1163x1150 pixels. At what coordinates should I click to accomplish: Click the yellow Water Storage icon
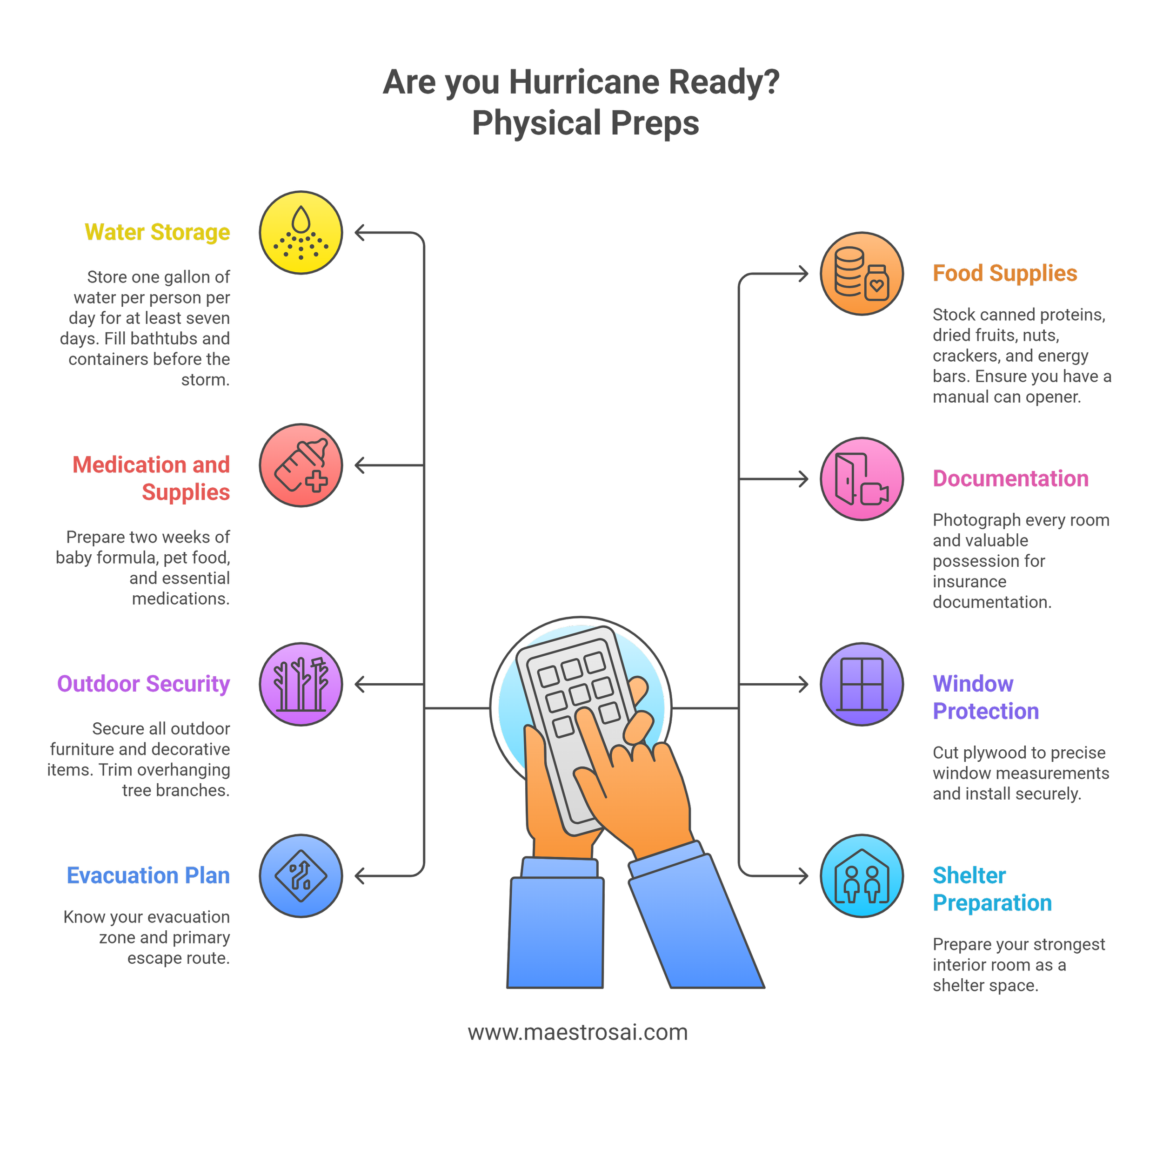coord(301,232)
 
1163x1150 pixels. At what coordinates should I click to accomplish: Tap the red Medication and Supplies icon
coord(301,465)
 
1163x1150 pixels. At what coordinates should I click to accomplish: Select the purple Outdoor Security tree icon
coord(301,685)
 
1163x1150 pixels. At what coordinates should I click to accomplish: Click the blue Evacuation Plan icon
coord(301,875)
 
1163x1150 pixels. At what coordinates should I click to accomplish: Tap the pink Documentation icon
coord(862,479)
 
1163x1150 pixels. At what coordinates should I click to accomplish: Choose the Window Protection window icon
coord(862,685)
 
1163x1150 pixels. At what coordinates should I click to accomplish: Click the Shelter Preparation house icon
coord(862,875)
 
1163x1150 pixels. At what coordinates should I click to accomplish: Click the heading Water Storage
coord(157,232)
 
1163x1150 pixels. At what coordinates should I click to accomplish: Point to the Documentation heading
coord(1010,479)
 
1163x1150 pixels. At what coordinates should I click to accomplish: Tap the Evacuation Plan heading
coord(148,875)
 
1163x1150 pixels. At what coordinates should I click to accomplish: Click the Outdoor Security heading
coord(143,684)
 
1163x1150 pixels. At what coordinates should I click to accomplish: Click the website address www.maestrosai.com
coord(577,1032)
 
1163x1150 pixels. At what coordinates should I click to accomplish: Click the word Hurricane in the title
coord(583,82)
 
